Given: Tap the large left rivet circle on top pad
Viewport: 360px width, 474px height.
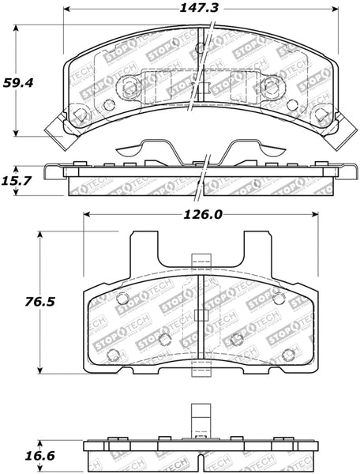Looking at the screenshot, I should point(79,114).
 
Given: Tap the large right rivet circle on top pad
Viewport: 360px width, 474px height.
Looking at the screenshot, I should point(321,114).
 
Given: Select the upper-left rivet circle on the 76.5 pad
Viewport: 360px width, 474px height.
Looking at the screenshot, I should point(122,298).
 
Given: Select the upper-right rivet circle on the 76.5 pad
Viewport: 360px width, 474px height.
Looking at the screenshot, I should point(278,298).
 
